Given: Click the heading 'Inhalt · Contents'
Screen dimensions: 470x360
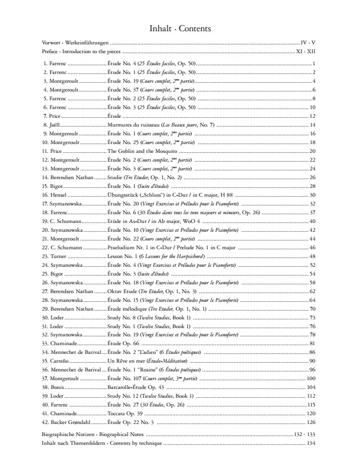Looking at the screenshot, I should coord(180,28).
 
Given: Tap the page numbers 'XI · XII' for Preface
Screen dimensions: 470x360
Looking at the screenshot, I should coord(306,50).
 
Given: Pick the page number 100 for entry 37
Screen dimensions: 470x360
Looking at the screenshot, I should coord(312,378).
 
